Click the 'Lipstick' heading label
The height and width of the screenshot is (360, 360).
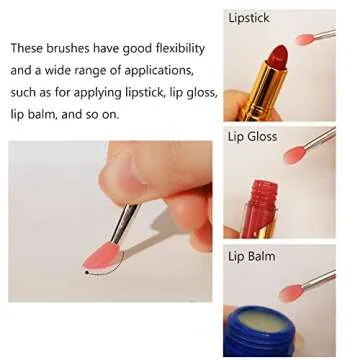248,18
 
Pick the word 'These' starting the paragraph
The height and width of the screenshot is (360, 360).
28,48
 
